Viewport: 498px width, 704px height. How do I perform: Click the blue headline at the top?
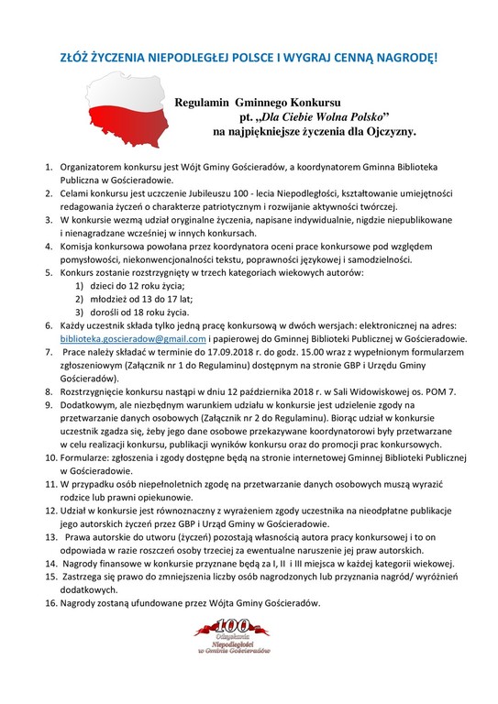pos(249,57)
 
